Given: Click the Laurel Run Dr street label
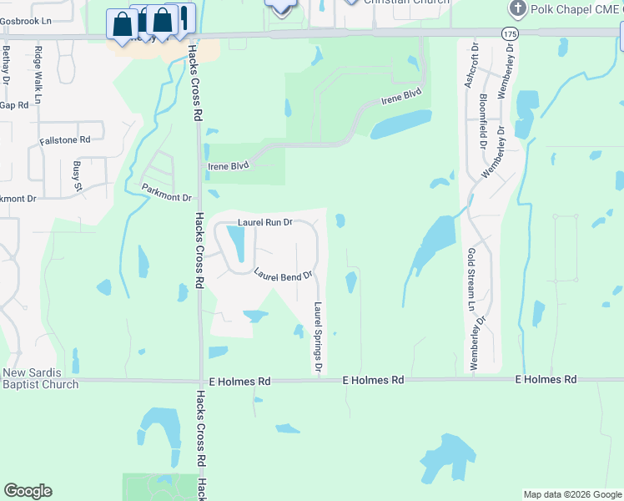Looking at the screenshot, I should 265,223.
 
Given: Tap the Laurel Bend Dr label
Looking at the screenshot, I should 283,274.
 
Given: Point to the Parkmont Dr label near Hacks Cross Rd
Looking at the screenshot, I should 167,192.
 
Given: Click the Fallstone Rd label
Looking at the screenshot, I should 64,141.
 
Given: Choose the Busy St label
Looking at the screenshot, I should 78,175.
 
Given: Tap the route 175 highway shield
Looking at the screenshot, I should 509,33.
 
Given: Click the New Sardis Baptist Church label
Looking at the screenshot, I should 40,378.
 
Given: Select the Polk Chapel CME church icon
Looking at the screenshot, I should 518,9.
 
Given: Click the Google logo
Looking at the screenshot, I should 28,491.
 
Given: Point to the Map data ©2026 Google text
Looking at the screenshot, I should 571,494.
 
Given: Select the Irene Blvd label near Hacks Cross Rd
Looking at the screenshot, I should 229,166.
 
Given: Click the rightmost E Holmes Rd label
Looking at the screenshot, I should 546,379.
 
